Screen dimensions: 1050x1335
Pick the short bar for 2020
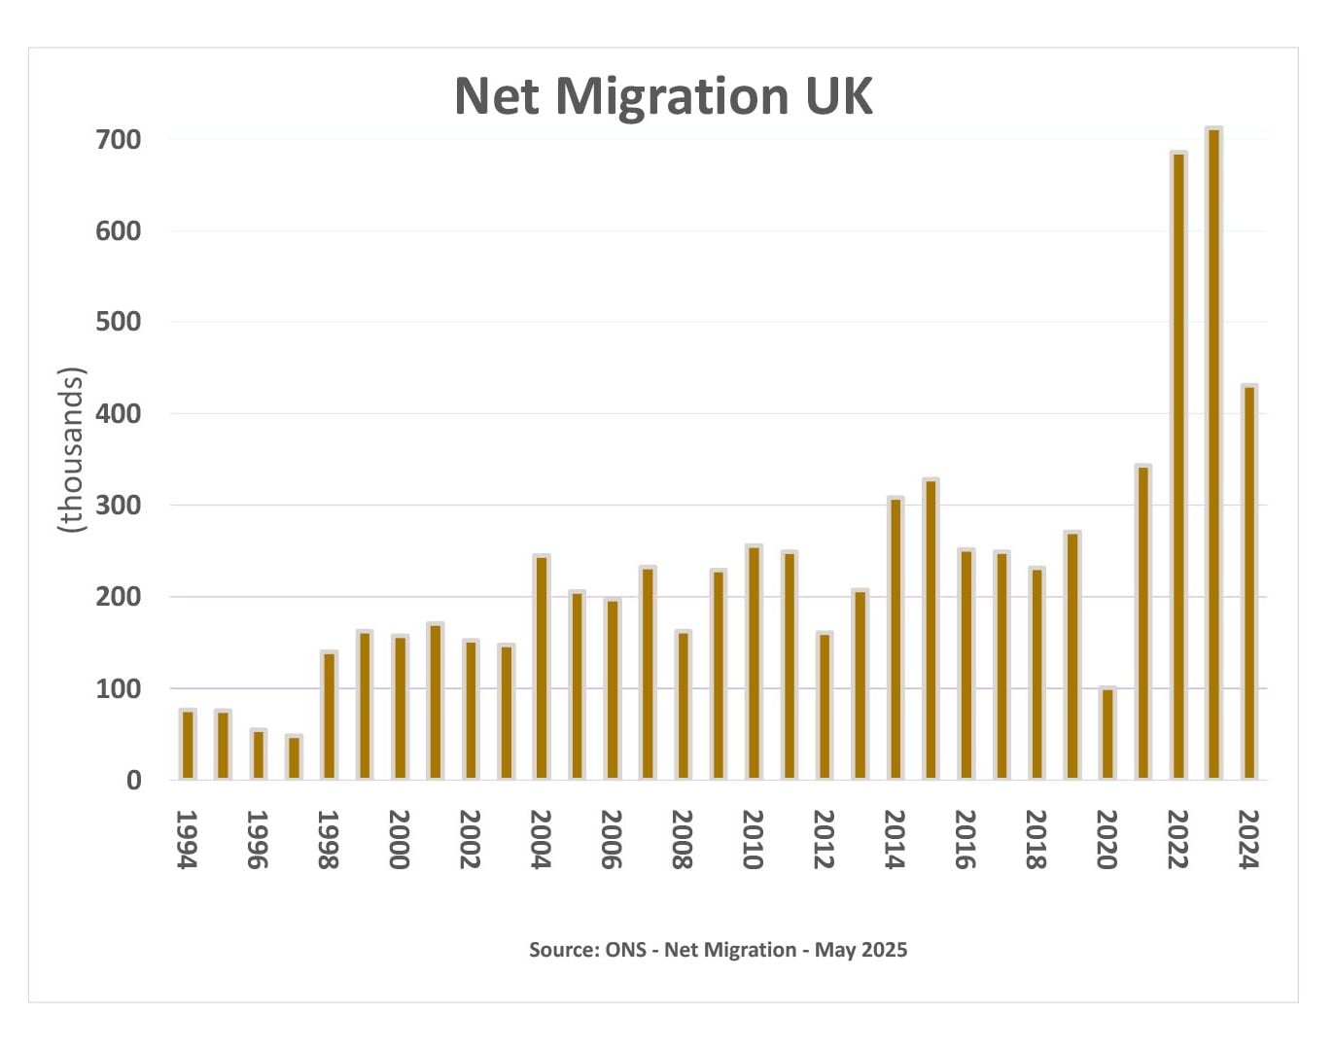[x=1107, y=733]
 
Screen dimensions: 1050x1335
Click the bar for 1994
[x=188, y=744]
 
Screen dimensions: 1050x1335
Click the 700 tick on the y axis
[x=118, y=140]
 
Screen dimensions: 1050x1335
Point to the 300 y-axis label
[x=118, y=506]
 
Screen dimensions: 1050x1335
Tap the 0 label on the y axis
[x=133, y=781]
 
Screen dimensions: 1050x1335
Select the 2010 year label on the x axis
[x=753, y=839]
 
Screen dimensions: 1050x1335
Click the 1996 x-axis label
[x=257, y=839]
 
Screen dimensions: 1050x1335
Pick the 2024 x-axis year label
[x=1248, y=839]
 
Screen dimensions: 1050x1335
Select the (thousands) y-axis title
[x=72, y=449]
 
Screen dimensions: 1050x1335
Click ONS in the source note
[x=625, y=950]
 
